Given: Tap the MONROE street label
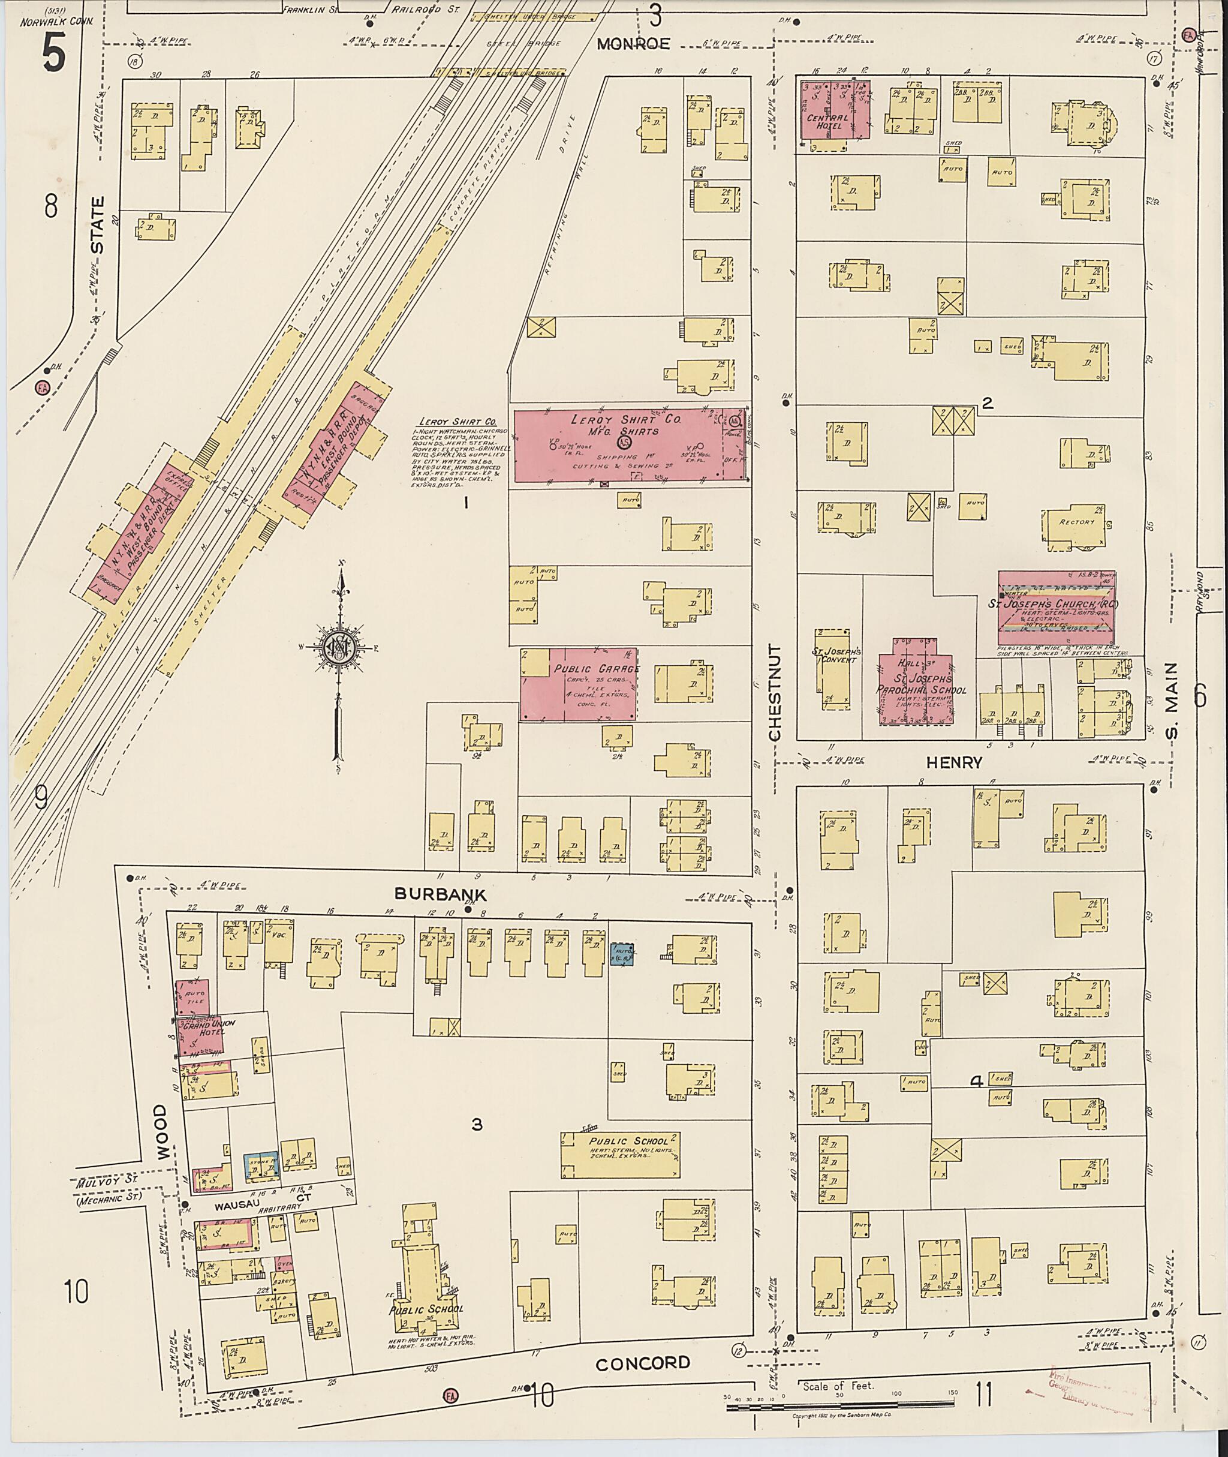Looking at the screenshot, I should [634, 44].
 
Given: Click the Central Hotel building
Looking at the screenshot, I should [834, 112].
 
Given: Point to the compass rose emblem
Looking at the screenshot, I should [341, 648].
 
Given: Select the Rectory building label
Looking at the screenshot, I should [1076, 522].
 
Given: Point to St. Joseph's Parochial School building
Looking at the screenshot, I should [914, 689].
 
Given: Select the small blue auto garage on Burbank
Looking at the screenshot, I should [622, 955].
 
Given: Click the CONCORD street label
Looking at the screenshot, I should [643, 1363].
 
